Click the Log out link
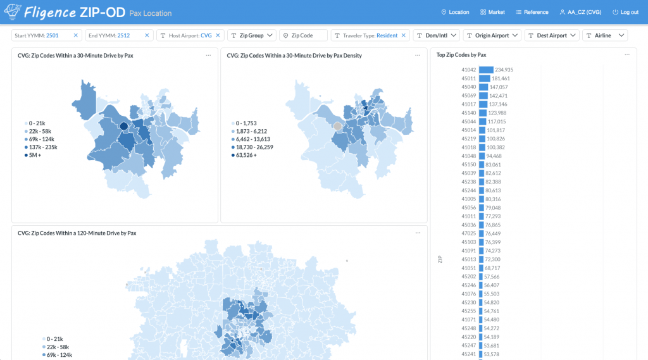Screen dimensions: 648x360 [x=625, y=13]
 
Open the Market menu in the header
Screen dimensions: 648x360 [x=492, y=13]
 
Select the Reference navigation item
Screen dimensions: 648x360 [x=532, y=13]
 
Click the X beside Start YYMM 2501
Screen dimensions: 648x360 [x=76, y=35]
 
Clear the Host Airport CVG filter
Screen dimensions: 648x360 [x=218, y=35]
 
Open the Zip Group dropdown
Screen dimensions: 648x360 [x=252, y=35]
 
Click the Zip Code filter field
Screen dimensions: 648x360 [x=303, y=35]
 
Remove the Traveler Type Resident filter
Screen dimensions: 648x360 [x=403, y=35]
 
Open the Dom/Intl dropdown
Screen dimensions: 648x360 [x=437, y=35]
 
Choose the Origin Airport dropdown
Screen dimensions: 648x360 [x=492, y=35]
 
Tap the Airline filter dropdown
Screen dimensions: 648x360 [x=605, y=35]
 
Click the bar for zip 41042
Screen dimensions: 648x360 [x=486, y=70]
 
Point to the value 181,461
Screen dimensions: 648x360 [x=501, y=78]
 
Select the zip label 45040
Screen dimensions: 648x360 [x=469, y=87]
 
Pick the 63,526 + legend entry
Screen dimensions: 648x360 [x=244, y=156]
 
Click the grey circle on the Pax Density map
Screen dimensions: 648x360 [x=338, y=127]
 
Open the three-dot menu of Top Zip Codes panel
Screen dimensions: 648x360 [x=627, y=55]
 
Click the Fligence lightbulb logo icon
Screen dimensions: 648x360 [x=13, y=11]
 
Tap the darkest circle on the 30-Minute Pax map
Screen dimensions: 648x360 [x=123, y=127]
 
